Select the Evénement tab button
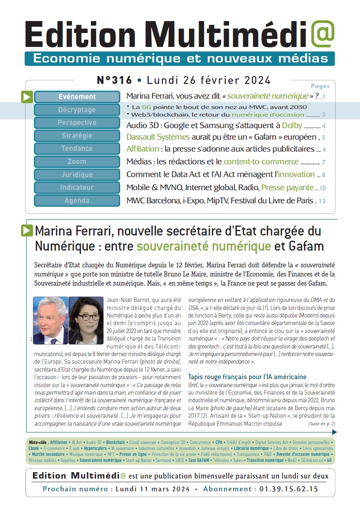pos(77,97)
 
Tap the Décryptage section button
pos(77,110)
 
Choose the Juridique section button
pos(77,174)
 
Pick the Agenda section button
pos(77,201)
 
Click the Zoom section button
pos(77,162)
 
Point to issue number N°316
pos(114,80)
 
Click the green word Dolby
pos(292,126)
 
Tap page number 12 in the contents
pos(322,201)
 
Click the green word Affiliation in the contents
pos(142,150)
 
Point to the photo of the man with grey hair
pos(50,320)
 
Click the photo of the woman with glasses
pos(86,320)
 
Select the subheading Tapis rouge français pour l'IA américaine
pos(247,377)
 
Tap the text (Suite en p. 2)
pos(321,424)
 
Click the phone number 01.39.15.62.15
pos(289,489)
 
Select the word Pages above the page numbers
pos(320,86)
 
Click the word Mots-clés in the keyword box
pos(38,442)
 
